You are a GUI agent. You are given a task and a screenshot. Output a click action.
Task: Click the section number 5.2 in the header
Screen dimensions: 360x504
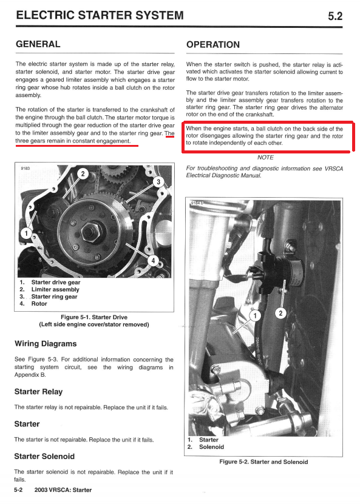[335, 16]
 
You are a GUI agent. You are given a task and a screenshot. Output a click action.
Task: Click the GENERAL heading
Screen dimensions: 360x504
[38, 44]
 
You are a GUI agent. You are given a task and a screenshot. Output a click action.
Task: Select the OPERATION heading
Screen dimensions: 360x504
[213, 45]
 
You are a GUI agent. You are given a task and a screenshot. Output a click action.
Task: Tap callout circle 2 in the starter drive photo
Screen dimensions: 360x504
[83, 174]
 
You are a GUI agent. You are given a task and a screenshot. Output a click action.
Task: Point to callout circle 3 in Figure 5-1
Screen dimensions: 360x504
[158, 182]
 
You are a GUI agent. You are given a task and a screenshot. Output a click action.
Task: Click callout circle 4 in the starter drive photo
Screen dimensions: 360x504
[153, 260]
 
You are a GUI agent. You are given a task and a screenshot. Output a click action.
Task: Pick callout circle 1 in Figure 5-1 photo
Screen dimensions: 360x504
[26, 233]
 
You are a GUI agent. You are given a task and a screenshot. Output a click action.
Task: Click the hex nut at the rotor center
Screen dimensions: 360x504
[90, 232]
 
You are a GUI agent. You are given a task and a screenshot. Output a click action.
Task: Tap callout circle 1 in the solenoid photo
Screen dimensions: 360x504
[255, 315]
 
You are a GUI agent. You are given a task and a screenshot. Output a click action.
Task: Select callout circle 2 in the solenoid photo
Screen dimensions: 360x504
[280, 313]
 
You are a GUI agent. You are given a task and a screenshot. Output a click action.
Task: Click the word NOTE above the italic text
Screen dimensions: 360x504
[265, 158]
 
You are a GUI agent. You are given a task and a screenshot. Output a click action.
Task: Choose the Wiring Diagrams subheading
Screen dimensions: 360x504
[46, 344]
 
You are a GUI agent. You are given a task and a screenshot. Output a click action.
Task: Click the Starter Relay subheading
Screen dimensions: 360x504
[39, 392]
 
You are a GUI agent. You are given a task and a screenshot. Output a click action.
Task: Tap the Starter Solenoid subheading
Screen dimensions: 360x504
[44, 457]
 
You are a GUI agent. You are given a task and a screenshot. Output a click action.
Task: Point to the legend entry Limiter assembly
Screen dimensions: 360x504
[55, 289]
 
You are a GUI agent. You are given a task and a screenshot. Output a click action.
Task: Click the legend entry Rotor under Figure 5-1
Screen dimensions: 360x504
[39, 304]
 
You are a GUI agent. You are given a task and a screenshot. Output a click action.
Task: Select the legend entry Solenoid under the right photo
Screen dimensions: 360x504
[211, 447]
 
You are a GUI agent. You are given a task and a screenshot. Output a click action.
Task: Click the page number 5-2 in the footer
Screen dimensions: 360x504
[18, 490]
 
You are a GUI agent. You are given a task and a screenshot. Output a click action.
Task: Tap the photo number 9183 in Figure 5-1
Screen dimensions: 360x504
[25, 168]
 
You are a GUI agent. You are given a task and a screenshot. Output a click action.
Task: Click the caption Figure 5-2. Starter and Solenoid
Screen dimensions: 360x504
[263, 462]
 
